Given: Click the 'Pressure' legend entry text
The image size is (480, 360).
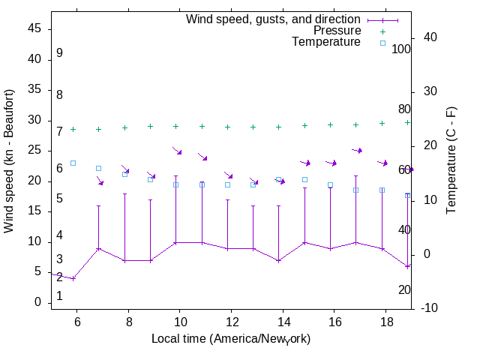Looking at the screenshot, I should coord(337,31).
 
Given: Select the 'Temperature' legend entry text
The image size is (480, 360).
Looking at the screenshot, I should coord(326,42).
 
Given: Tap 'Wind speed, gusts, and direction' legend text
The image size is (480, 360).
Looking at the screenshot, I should coord(274,19).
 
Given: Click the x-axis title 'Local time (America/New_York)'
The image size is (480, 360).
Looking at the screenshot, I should coord(231,339).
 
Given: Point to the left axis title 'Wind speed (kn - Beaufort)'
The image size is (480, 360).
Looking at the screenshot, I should coord(9,161).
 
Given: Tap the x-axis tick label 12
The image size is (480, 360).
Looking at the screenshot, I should coord(231,321).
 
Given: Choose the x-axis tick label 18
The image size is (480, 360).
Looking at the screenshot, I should coord(385,321).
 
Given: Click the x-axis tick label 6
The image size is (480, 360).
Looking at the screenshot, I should coord(76,321).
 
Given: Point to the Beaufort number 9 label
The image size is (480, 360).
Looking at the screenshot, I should coord(59,53).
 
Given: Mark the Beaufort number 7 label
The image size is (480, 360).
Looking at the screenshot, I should coord(59,132).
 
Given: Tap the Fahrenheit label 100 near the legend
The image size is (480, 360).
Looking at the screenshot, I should coord(401,49).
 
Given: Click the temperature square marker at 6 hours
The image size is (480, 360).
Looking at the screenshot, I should coord(73,163).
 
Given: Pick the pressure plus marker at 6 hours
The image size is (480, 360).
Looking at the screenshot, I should coord(73,129).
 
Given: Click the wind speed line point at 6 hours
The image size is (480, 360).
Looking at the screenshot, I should coord(73,278).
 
